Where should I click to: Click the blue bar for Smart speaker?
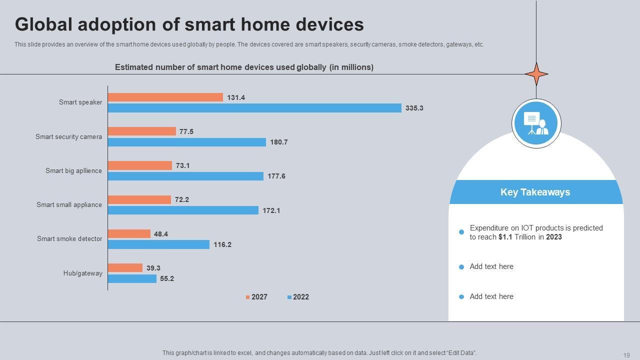coord(254,108)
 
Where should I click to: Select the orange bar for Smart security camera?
coord(142,131)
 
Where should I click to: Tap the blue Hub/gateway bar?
coord(132,278)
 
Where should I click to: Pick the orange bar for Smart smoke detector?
coord(129,234)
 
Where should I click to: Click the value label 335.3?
coord(414,108)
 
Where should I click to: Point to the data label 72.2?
coord(182,200)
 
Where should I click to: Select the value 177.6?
coord(276,176)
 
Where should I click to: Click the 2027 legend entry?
coord(256,297)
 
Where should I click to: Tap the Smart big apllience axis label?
coord(73,171)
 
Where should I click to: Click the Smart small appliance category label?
coord(69,205)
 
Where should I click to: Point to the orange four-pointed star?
coord(536,74)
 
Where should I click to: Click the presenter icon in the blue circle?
coord(536,123)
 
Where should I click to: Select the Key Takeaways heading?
coord(535,192)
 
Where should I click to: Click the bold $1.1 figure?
coord(505,237)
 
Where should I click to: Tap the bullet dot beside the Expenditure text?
coord(461,232)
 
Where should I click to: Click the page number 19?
coord(626,355)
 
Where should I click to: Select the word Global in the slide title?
coord(44,24)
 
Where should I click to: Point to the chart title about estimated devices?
coord(244,67)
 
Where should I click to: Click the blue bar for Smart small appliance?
coord(183,210)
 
